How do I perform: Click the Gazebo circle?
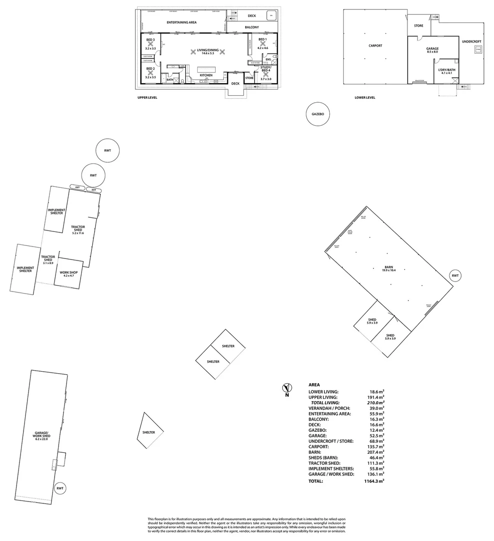click(318, 114)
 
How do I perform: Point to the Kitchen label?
click(206, 75)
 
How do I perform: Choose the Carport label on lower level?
click(375, 46)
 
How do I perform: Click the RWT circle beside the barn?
click(455, 276)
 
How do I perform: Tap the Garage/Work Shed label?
click(41, 434)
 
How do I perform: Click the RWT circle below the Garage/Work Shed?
click(60, 488)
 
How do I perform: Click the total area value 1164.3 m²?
click(374, 481)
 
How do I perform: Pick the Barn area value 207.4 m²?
click(374, 452)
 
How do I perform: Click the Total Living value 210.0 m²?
click(374, 403)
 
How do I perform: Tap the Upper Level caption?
click(147, 98)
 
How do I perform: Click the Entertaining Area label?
click(181, 23)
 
